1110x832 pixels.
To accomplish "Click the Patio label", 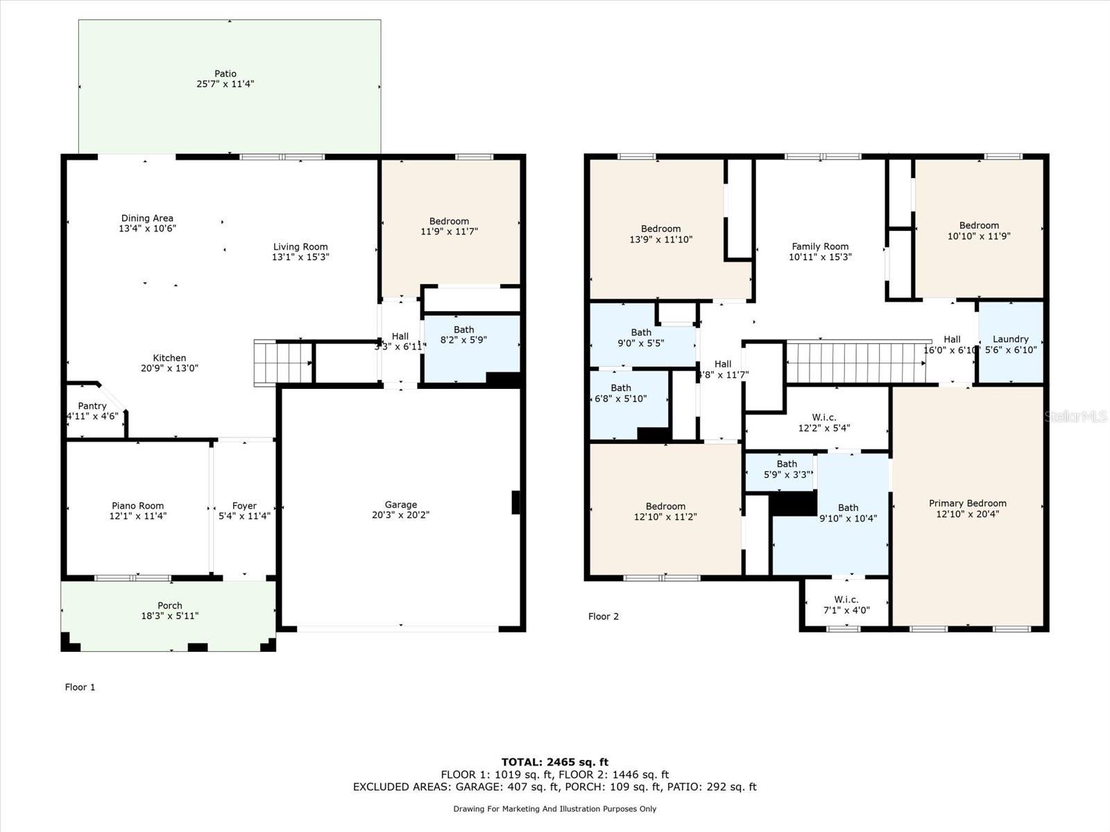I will (225, 73).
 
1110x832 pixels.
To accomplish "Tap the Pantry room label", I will (92, 406).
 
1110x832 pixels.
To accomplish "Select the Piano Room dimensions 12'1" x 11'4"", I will (138, 516).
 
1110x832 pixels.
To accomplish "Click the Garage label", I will (401, 505).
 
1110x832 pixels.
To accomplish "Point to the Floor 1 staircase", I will (282, 362).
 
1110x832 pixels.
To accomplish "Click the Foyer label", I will (244, 506).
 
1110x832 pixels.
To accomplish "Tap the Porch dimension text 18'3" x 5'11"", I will (170, 616).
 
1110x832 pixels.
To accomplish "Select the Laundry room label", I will (1010, 339).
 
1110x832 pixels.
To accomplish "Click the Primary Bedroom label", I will (967, 503).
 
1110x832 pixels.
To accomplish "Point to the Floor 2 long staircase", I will (857, 362).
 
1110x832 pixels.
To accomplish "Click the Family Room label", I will (820, 246).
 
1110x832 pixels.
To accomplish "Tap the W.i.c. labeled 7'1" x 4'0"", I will (846, 605).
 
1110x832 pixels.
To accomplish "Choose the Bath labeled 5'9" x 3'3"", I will (787, 469).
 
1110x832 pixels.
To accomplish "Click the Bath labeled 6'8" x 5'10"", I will (621, 393).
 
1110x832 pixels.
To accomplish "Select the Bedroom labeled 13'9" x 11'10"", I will (660, 234).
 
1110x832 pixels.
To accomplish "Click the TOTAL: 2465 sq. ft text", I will (555, 762).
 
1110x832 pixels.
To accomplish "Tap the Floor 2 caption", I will (603, 616).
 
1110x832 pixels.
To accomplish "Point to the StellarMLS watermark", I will (1076, 416).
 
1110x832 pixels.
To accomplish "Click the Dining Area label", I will (147, 218).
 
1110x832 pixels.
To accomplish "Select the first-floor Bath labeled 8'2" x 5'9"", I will (464, 335).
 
